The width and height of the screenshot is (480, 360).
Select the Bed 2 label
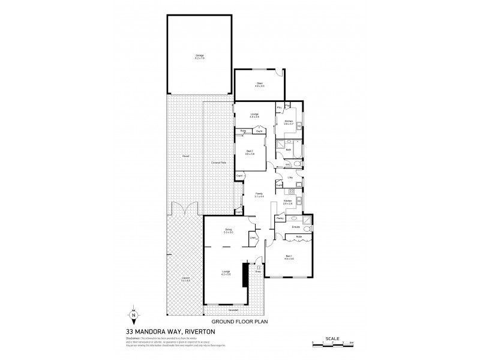250,152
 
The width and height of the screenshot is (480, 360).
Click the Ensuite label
296,227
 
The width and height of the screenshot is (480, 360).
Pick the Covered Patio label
218,163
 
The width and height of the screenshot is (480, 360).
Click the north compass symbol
134,315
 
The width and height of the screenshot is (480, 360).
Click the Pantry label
280,219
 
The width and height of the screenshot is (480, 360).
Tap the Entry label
259,272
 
